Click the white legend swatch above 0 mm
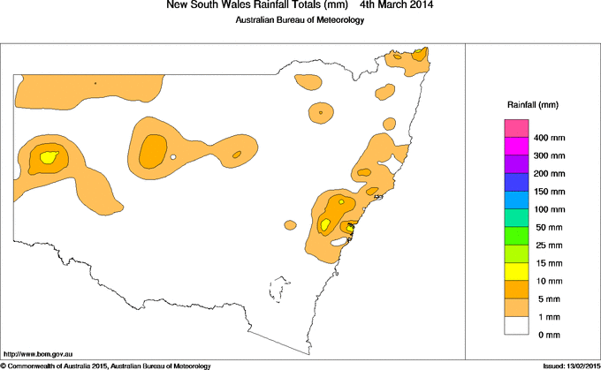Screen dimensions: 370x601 [516, 324]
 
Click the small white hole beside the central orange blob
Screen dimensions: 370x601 [174, 157]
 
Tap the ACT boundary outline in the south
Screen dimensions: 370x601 [281, 288]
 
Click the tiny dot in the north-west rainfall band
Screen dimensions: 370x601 [95, 84]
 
